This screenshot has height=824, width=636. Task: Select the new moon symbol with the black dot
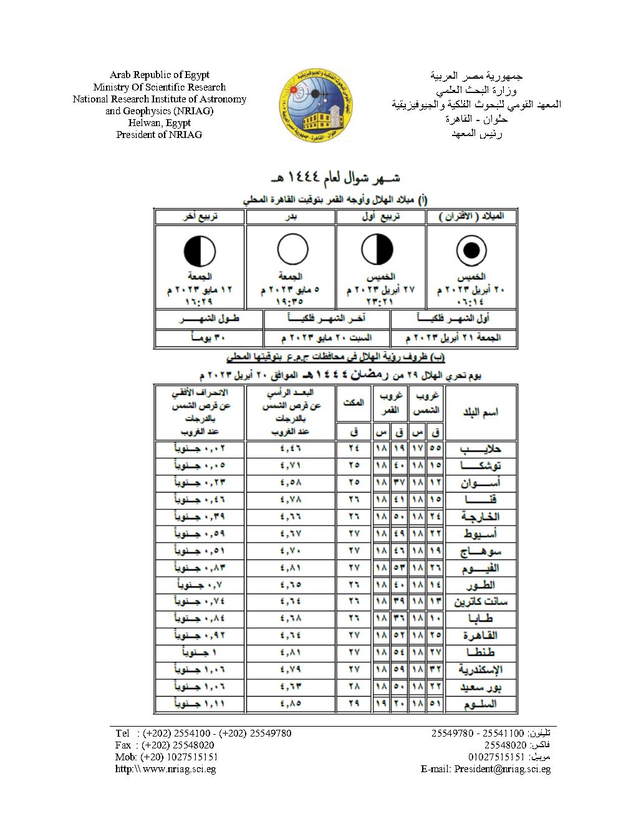pos(471,250)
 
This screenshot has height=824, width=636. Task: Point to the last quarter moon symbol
pos(200,252)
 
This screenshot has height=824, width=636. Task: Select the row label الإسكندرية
pos(480,670)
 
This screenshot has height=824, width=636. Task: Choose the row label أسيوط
pos(480,534)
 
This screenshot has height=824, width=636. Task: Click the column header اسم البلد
pos(481,413)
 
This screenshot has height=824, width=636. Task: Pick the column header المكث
pos(353,403)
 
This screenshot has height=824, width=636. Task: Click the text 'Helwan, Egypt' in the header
pos(159,123)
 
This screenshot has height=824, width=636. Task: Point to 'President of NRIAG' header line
pos(159,135)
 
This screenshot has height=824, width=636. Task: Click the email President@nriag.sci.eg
pos(502,769)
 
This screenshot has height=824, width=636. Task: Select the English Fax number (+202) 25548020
pos(178,745)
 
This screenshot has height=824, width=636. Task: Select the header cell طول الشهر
pos(201,319)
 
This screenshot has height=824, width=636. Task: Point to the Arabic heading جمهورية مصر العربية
pos(476,76)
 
